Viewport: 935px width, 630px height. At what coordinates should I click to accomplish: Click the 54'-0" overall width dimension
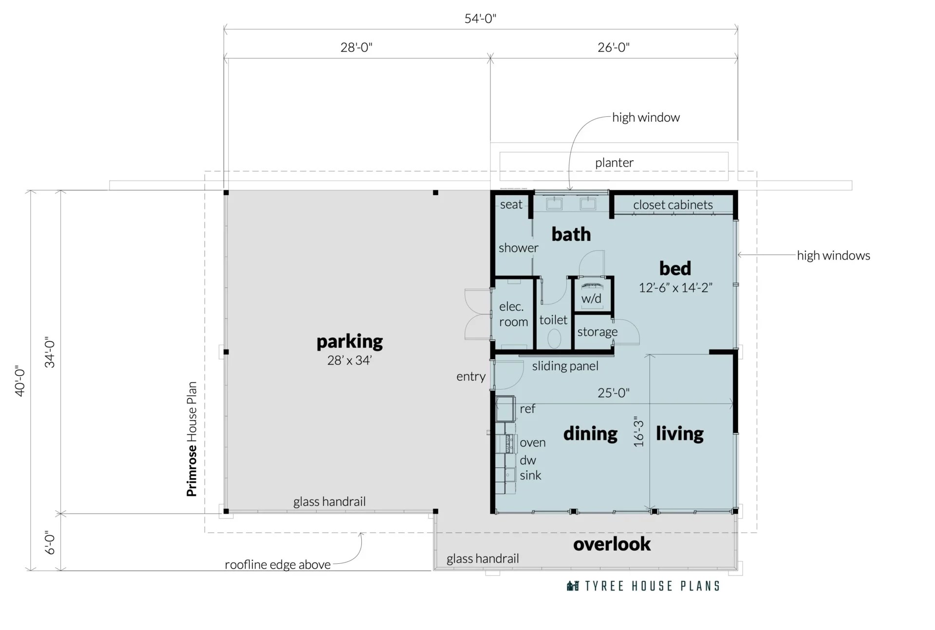(x=480, y=19)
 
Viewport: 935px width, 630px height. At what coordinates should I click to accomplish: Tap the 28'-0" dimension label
(x=356, y=48)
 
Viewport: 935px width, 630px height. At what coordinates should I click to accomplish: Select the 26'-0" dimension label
(x=613, y=48)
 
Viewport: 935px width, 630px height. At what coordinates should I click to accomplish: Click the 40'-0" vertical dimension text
(x=20, y=381)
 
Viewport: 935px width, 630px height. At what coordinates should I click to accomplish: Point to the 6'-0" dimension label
(x=50, y=542)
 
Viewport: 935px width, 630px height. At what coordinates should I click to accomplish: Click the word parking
(x=349, y=342)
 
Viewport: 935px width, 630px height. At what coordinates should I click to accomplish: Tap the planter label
(x=614, y=163)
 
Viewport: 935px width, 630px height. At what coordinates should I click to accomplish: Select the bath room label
(x=571, y=235)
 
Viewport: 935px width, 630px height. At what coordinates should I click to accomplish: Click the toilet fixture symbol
(x=554, y=338)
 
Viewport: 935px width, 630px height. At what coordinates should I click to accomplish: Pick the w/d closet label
(x=591, y=298)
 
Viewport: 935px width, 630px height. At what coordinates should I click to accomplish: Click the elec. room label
(x=513, y=314)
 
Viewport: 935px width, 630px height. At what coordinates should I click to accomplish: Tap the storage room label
(x=597, y=332)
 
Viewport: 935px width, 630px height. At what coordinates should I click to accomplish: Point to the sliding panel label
(x=565, y=366)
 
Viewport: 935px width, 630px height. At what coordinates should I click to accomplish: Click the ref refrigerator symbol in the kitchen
(x=505, y=408)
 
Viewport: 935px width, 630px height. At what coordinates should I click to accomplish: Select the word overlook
(x=612, y=544)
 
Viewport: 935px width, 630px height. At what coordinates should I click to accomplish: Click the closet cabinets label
(x=673, y=205)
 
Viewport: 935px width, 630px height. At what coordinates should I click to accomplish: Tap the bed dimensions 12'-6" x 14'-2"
(x=675, y=288)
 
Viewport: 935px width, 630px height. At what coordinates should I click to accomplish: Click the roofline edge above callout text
(x=278, y=565)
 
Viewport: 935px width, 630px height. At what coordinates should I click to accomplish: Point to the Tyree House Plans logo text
(x=652, y=586)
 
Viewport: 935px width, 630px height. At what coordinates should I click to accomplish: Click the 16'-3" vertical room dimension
(x=639, y=431)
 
